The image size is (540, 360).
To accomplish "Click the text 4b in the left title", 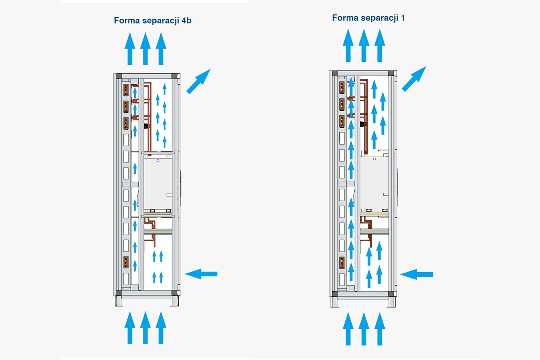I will point(186,20).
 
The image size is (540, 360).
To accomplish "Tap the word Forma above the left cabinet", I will point(126,20).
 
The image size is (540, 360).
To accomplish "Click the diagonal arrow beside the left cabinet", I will point(198,81).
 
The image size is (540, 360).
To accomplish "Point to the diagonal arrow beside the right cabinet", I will point(414,79).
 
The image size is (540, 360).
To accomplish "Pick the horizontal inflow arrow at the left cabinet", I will point(201,273).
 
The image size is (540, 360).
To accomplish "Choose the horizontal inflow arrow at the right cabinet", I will point(417,274).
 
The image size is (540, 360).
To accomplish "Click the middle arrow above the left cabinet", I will point(145,49).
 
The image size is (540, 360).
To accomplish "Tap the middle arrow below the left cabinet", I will point(145,328).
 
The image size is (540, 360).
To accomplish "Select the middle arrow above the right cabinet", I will point(364,46).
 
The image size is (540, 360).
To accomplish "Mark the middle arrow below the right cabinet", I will point(364,329).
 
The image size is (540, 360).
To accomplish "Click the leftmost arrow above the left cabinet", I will point(130,49).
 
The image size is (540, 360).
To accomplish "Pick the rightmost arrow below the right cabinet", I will point(380,329).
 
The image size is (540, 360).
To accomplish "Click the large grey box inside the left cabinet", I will point(158,182).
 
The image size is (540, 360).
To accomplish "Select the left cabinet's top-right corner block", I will point(174,76).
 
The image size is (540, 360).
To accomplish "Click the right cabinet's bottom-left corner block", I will point(335,294).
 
